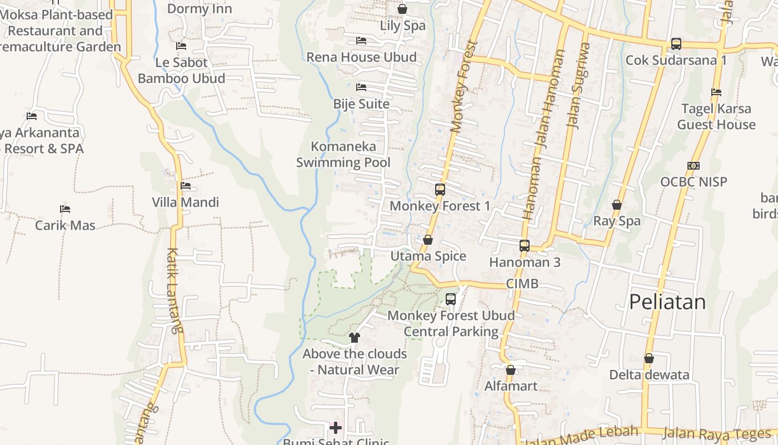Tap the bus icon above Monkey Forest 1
tap(440, 190)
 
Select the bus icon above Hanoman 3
tap(524, 245)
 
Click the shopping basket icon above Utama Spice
tap(428, 240)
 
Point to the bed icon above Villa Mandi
tap(186, 186)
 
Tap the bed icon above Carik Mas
tap(65, 209)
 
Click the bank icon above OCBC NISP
tap(693, 166)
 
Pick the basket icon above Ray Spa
tap(617, 205)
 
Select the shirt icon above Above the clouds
tap(355, 337)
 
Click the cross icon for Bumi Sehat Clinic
tap(336, 427)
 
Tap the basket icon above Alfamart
tap(511, 370)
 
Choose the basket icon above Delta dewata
tap(649, 358)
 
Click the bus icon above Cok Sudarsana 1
tap(676, 43)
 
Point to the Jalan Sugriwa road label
tap(578, 86)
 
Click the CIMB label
tap(522, 284)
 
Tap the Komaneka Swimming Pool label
tap(343, 154)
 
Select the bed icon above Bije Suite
tap(361, 87)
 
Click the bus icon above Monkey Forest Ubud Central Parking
tap(451, 299)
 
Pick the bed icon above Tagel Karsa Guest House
tap(716, 92)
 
